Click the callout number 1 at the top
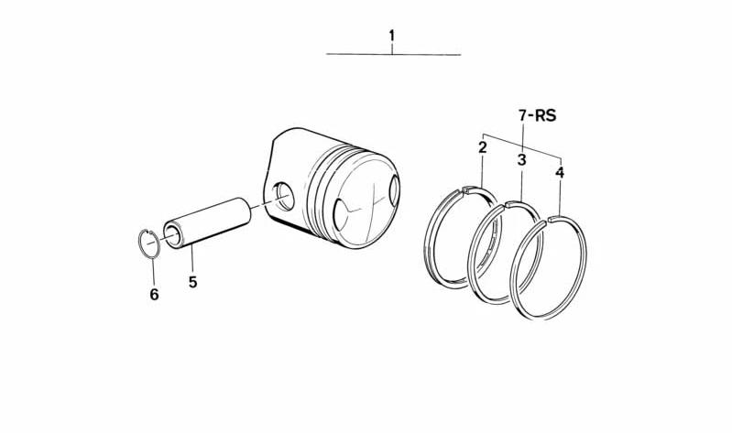pos(392,36)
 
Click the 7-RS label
pos(538,115)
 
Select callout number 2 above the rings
pos(482,147)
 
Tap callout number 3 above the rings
pos(521,160)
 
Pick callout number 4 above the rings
pos(560,173)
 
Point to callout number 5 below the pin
pos(192,282)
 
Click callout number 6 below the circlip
pos(154,295)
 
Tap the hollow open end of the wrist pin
pos(172,235)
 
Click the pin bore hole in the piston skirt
pos(284,196)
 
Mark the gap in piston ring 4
pos(547,220)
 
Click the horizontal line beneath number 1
pos(393,55)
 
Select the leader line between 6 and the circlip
pos(153,272)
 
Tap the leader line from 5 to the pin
pos(191,260)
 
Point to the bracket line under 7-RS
pos(521,145)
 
